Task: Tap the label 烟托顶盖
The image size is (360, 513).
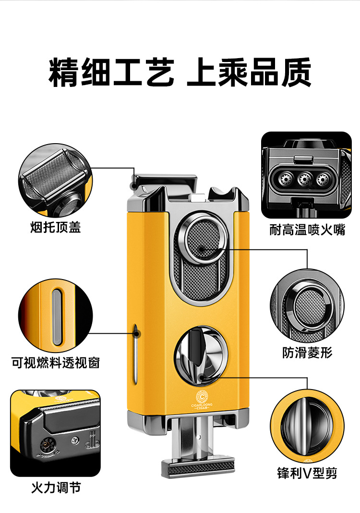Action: click(x=55, y=227)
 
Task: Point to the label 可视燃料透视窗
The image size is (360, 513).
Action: click(x=56, y=362)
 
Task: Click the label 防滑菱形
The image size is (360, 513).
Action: click(x=307, y=353)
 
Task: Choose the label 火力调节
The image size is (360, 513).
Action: click(x=56, y=488)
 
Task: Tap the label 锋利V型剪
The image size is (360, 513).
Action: click(x=307, y=474)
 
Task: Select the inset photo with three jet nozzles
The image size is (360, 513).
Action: click(x=306, y=175)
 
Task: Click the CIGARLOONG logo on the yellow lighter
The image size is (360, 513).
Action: click(x=202, y=399)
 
